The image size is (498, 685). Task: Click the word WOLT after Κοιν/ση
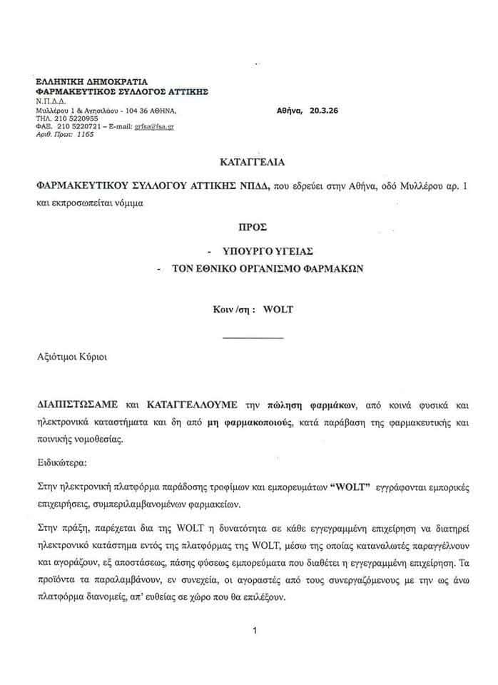(x=278, y=310)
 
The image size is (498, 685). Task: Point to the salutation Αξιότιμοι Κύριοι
(x=74, y=355)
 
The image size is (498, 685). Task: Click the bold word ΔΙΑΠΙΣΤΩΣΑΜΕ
(x=74, y=405)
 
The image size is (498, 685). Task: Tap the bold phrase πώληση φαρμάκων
(x=292, y=405)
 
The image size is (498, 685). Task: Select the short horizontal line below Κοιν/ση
(x=253, y=336)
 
